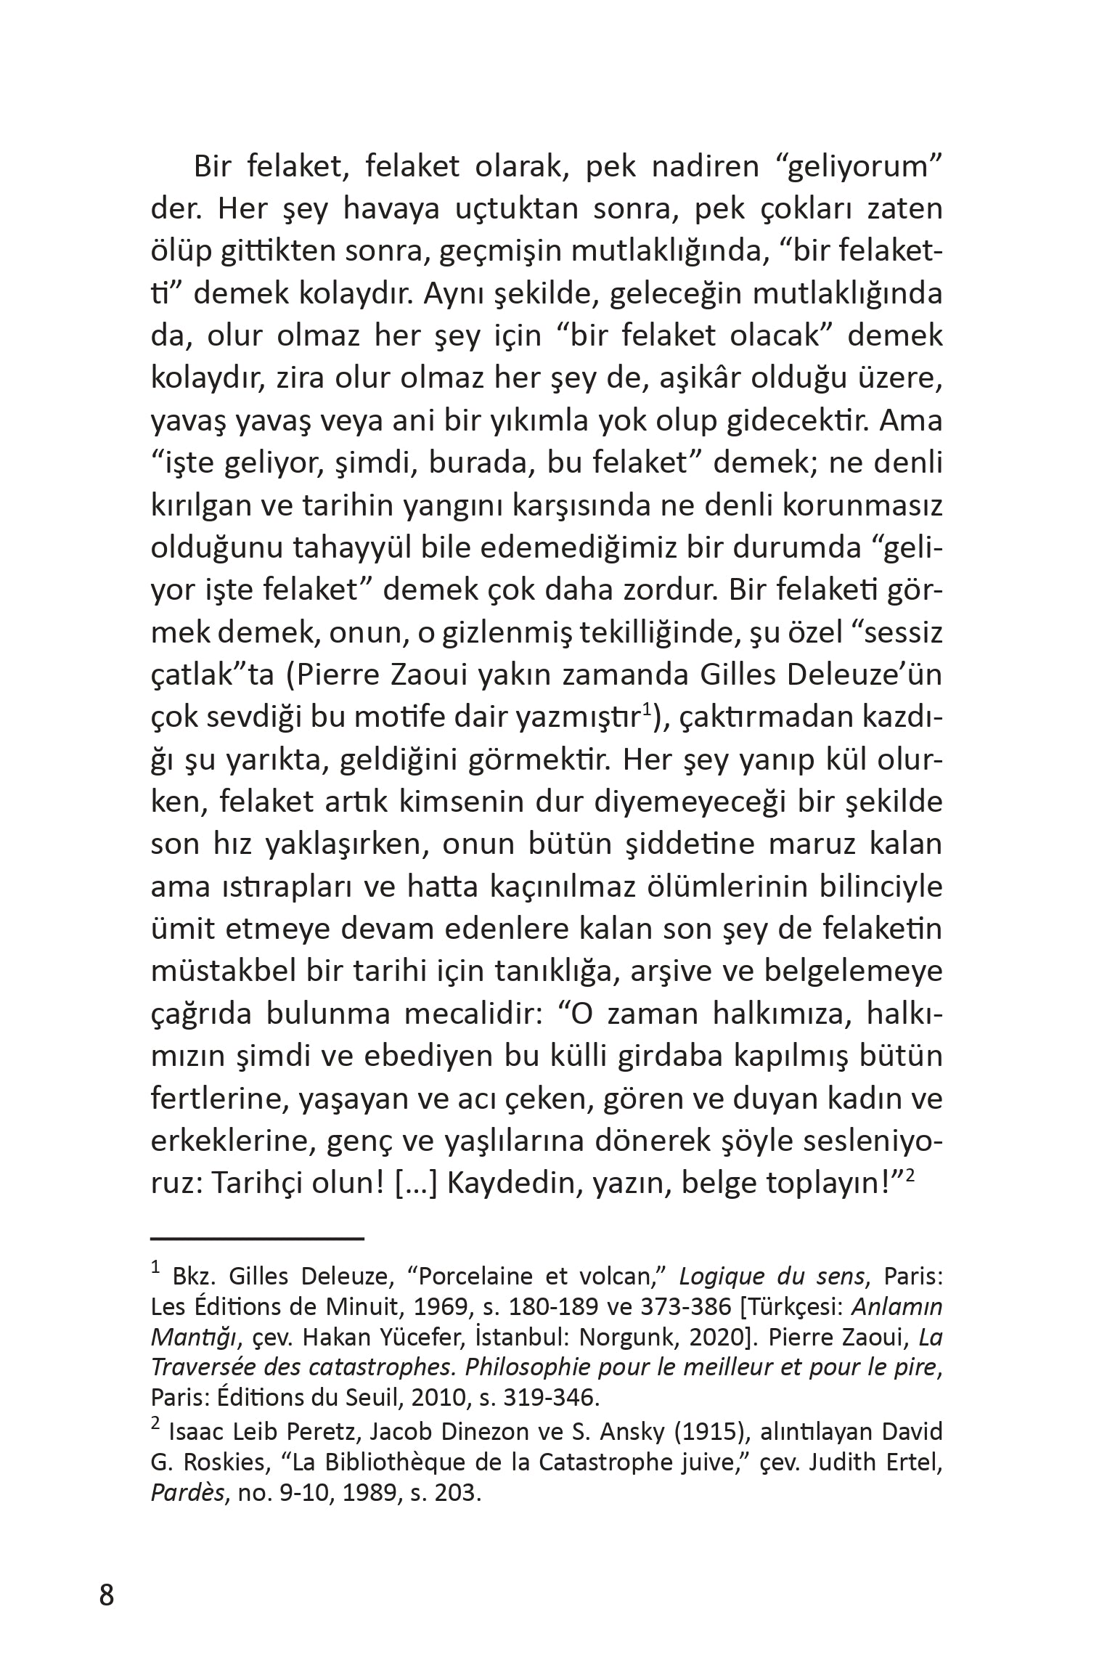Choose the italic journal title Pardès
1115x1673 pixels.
[187, 1493]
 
